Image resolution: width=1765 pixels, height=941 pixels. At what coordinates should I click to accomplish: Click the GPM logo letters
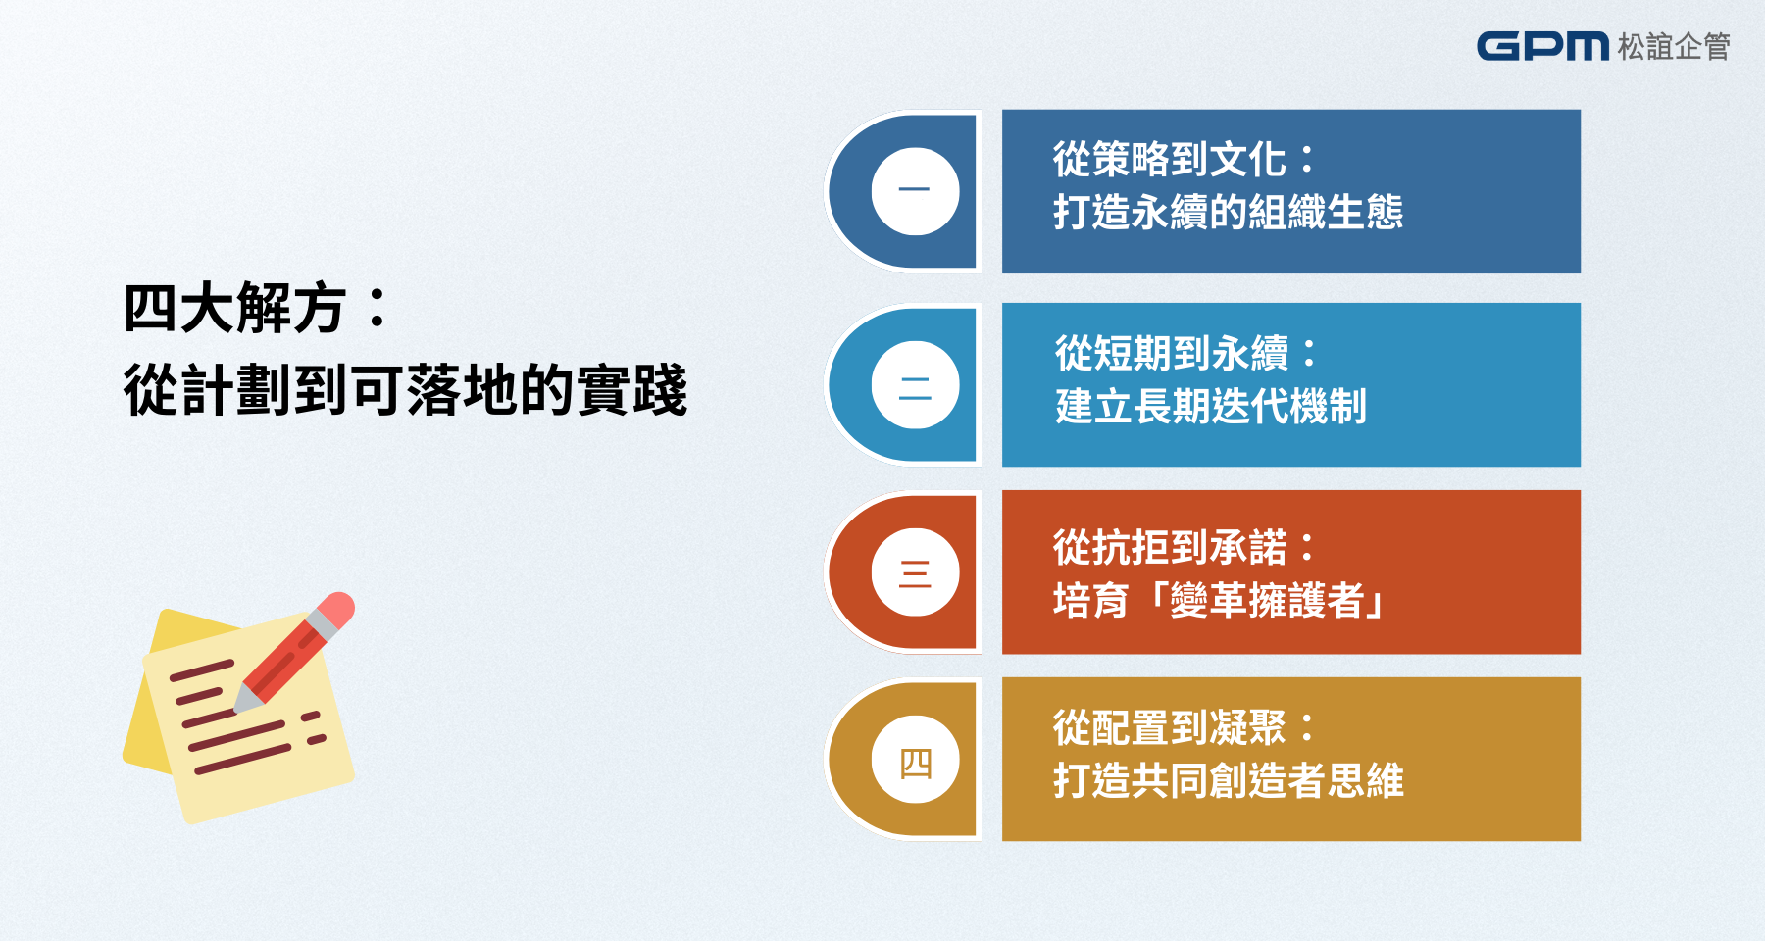pos(1542,46)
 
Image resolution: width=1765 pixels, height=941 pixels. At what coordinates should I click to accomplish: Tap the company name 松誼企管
pos(1674,47)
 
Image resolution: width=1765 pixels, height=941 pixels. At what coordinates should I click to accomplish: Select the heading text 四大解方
pos(234,309)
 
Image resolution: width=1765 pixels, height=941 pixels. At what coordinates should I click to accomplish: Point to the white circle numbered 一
pos(915,191)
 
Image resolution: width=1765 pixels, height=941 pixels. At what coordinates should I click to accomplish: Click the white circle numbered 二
pos(915,385)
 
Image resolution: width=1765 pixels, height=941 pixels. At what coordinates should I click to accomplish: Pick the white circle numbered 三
pos(915,572)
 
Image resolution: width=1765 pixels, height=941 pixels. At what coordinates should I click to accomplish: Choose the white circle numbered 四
pos(915,760)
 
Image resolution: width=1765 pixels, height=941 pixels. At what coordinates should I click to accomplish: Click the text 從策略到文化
pos(1169,160)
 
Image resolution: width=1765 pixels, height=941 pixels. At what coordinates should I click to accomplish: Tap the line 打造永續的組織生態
pos(1228,212)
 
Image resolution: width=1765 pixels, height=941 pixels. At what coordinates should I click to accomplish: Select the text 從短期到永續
pos(1171,353)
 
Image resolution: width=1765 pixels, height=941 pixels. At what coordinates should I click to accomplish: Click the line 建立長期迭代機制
pos(1210,406)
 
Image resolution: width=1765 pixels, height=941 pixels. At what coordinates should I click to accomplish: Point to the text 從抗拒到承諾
pos(1169,547)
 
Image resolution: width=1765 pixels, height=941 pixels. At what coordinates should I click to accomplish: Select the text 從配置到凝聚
pos(1169,727)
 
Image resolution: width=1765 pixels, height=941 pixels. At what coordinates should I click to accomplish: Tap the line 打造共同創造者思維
pos(1228,780)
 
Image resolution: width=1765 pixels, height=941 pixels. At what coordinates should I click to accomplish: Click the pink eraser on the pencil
pos(336,610)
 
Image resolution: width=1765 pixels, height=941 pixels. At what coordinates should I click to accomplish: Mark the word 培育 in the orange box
pos(1090,600)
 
